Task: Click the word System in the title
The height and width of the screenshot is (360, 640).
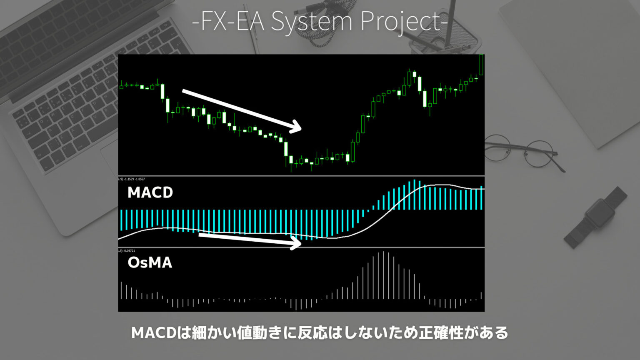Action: (311, 21)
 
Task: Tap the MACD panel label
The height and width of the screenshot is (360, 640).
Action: (150, 192)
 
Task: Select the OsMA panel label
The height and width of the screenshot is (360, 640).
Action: (150, 262)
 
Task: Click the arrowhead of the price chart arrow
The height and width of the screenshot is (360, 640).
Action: (297, 126)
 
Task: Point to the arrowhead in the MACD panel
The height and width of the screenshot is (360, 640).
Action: (296, 242)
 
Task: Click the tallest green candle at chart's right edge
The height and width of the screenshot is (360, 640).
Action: (482, 65)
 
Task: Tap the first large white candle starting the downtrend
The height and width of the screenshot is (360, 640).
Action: (162, 92)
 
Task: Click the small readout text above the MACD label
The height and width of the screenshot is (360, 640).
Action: (132, 179)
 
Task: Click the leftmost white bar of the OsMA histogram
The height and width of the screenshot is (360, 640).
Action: (121, 290)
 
